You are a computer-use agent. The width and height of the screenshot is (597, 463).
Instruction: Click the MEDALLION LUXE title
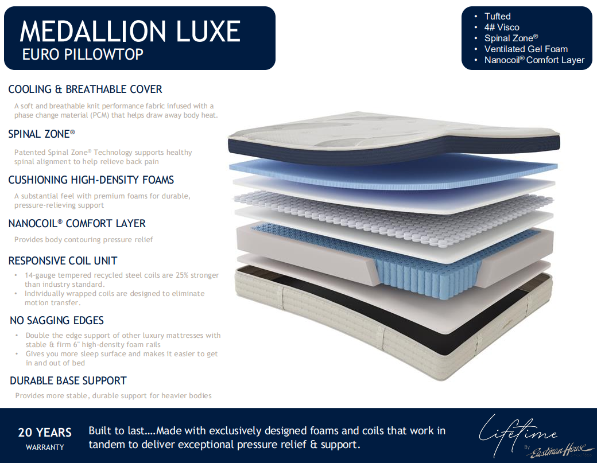tap(130, 31)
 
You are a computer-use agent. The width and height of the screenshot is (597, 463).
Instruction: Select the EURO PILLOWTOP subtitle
tap(83, 55)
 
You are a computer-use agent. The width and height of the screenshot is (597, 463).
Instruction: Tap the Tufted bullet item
tap(497, 17)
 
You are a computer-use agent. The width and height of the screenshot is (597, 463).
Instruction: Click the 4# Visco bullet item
tap(502, 28)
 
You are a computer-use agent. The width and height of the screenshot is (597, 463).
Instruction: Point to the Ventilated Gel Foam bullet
tap(526, 49)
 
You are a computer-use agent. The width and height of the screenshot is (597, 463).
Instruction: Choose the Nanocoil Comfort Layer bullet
tap(534, 60)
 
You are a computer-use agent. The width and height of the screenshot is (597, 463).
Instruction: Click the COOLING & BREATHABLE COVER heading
tap(86, 90)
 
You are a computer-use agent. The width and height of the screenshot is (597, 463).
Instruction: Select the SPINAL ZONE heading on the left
tap(41, 134)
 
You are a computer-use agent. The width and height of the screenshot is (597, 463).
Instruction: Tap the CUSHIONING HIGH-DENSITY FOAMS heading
tap(91, 180)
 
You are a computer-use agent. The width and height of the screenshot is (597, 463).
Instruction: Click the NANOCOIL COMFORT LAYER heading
tap(77, 223)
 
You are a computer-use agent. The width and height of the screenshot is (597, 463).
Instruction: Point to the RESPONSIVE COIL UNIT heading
tap(63, 260)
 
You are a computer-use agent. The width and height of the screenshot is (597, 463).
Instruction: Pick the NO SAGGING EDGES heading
tap(57, 320)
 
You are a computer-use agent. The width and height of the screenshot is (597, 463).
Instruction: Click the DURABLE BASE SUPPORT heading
tap(68, 380)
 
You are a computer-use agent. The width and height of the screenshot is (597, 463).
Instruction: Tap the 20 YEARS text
tap(45, 433)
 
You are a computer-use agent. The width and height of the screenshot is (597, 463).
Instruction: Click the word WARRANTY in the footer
tap(45, 448)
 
